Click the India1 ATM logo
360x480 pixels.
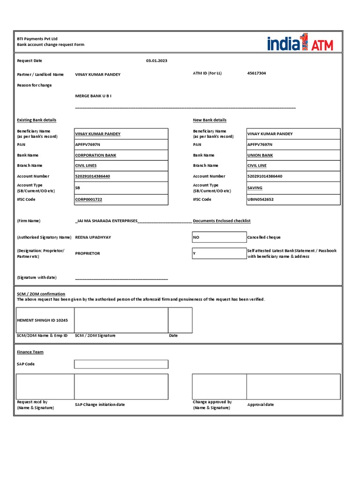[x=300, y=43]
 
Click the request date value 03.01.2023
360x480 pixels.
[x=157, y=61]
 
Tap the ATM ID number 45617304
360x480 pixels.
[x=256, y=73]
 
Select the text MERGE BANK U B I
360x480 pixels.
[x=93, y=96]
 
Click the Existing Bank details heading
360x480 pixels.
[x=37, y=120]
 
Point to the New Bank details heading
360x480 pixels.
[x=210, y=120]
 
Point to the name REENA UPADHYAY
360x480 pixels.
[x=93, y=237]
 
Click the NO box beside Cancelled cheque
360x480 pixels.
[x=219, y=237]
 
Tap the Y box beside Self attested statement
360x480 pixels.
[x=219, y=254]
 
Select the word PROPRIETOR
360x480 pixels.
[x=88, y=253]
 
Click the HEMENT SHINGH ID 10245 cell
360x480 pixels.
[x=45, y=320]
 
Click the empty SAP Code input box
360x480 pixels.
[x=121, y=364]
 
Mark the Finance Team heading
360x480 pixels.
[x=30, y=352]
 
